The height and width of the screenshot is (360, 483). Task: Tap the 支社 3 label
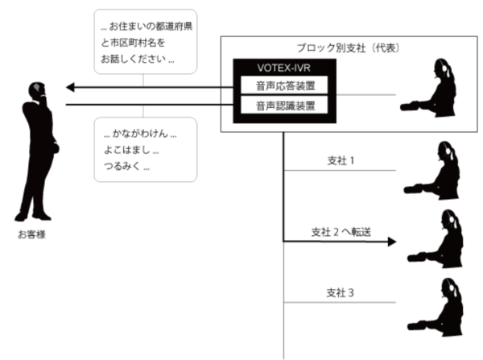(340, 291)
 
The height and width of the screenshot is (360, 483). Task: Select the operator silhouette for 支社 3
(436, 310)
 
